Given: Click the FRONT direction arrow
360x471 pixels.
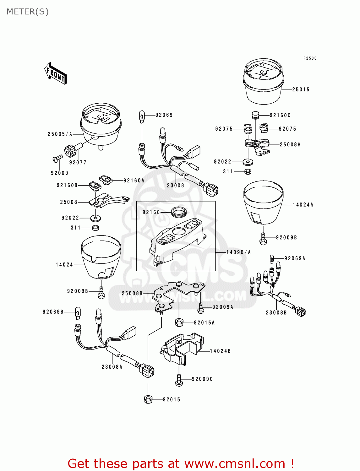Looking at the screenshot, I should [56, 73].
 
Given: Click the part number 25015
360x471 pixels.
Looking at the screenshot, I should [301, 90].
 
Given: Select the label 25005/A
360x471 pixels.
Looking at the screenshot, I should [60, 134].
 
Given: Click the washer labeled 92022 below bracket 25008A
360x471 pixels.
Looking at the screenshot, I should [248, 162].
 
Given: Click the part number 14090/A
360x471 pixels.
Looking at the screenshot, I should [238, 252].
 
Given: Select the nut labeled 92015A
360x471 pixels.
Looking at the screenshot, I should [179, 322].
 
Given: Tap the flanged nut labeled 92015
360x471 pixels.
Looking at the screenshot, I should [148, 399].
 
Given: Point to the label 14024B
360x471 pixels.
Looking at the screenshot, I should [220, 351].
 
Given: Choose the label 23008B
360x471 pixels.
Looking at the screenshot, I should [276, 313].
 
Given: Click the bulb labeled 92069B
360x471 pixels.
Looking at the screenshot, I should [78, 313].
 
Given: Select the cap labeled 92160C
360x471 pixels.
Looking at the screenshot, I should [255, 115].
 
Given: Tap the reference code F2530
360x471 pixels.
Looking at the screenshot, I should [310, 58].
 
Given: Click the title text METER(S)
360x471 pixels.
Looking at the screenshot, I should [28, 12].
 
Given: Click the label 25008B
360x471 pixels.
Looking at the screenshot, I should [132, 293].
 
